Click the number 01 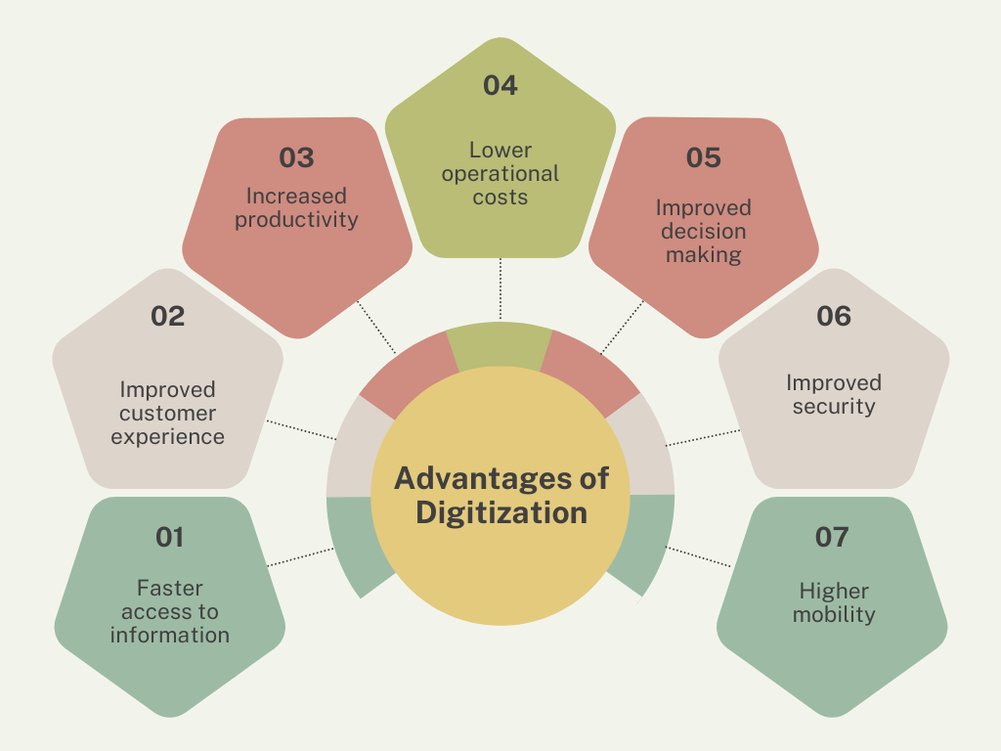coord(170,537)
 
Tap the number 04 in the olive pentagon coord(500,86)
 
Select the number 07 coord(832,537)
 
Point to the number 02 coord(168,316)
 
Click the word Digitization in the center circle coord(501,512)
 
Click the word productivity coord(296,220)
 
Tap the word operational coord(500,174)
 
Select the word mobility coord(834,614)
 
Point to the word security coord(834,407)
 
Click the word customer coord(168,414)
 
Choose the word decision coord(704,231)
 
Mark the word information coord(170,636)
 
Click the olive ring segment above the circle coord(500,345)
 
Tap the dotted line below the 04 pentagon coord(500,288)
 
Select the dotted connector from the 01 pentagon coord(301,556)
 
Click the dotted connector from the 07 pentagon coord(698,556)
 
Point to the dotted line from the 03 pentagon coord(376,327)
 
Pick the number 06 coord(834,316)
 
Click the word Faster coord(170,588)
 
